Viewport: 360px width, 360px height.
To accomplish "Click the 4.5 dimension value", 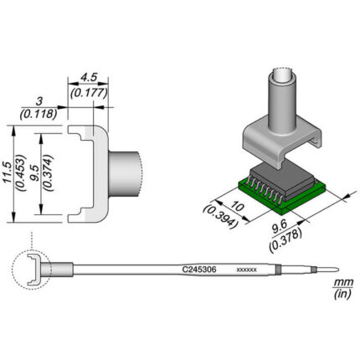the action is (89, 78).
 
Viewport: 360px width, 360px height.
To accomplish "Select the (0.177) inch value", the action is (89, 93).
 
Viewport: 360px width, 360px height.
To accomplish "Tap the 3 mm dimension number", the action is (39, 101).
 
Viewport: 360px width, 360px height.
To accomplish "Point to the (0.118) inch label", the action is (39, 114).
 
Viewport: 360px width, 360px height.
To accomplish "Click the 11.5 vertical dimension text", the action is (8, 172).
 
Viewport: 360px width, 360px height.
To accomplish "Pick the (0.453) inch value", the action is (21, 172).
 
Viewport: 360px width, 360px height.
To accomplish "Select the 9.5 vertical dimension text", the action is (36, 172).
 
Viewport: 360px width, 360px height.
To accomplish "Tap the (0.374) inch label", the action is (49, 172).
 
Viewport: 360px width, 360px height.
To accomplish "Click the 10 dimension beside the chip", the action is (238, 208).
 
